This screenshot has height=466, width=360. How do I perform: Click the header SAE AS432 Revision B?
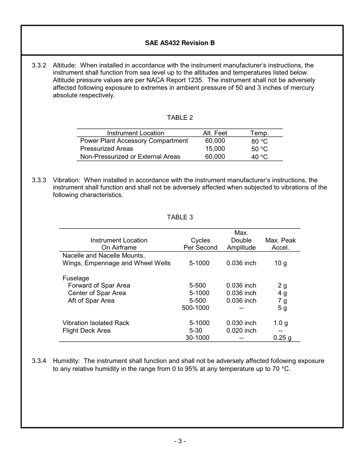tap(180, 43)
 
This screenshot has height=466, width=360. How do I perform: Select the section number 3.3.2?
tap(39, 65)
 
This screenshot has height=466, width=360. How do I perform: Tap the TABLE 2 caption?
tap(180, 117)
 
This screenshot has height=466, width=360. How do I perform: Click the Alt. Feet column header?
tap(215, 133)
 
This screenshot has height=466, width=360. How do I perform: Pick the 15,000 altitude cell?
tap(215, 149)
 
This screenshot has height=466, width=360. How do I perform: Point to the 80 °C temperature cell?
tap(259, 141)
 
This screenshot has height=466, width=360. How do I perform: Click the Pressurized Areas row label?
tap(106, 149)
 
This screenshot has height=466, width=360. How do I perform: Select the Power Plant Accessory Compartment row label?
tap(134, 141)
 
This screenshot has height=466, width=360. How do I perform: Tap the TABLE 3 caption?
tap(180, 217)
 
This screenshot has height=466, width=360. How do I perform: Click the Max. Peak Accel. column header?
tap(280, 244)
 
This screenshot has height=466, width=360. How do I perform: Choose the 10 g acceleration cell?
tap(280, 263)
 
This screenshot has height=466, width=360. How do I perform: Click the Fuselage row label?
tap(76, 278)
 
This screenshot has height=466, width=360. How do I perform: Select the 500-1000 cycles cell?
tap(196, 308)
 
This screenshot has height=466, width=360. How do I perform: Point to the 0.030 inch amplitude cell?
tap(241, 323)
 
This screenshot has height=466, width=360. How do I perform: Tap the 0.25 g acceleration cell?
tap(282, 338)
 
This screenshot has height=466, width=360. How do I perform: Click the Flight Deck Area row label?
tap(86, 331)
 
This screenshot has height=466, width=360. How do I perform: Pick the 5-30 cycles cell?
tap(196, 331)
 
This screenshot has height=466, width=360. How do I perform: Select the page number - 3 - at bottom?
tap(180, 441)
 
